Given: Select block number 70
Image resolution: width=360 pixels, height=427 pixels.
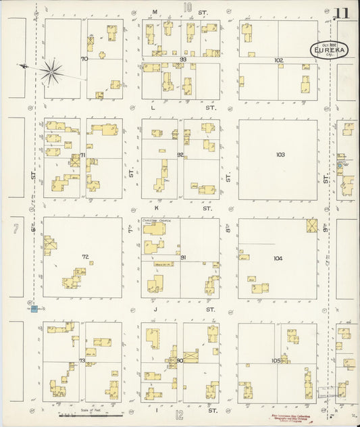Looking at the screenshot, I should click(x=84, y=59).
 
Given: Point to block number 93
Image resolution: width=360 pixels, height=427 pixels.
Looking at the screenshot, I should click(x=182, y=60).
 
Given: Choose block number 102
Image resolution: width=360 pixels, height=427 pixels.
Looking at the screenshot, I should click(x=278, y=60).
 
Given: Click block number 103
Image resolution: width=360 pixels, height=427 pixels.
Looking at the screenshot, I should click(x=280, y=155).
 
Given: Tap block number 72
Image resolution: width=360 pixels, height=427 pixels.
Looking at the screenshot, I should click(x=85, y=257).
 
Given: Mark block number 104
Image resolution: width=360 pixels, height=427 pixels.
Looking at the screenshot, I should click(x=278, y=259).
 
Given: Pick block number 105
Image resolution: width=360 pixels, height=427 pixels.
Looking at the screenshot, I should click(x=276, y=361).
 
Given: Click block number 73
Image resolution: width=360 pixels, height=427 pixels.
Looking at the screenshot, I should click(x=82, y=361).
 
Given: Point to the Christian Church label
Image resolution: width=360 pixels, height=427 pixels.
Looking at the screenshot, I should click(x=154, y=221).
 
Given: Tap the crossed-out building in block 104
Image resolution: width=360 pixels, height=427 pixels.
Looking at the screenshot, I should click(x=311, y=225).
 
